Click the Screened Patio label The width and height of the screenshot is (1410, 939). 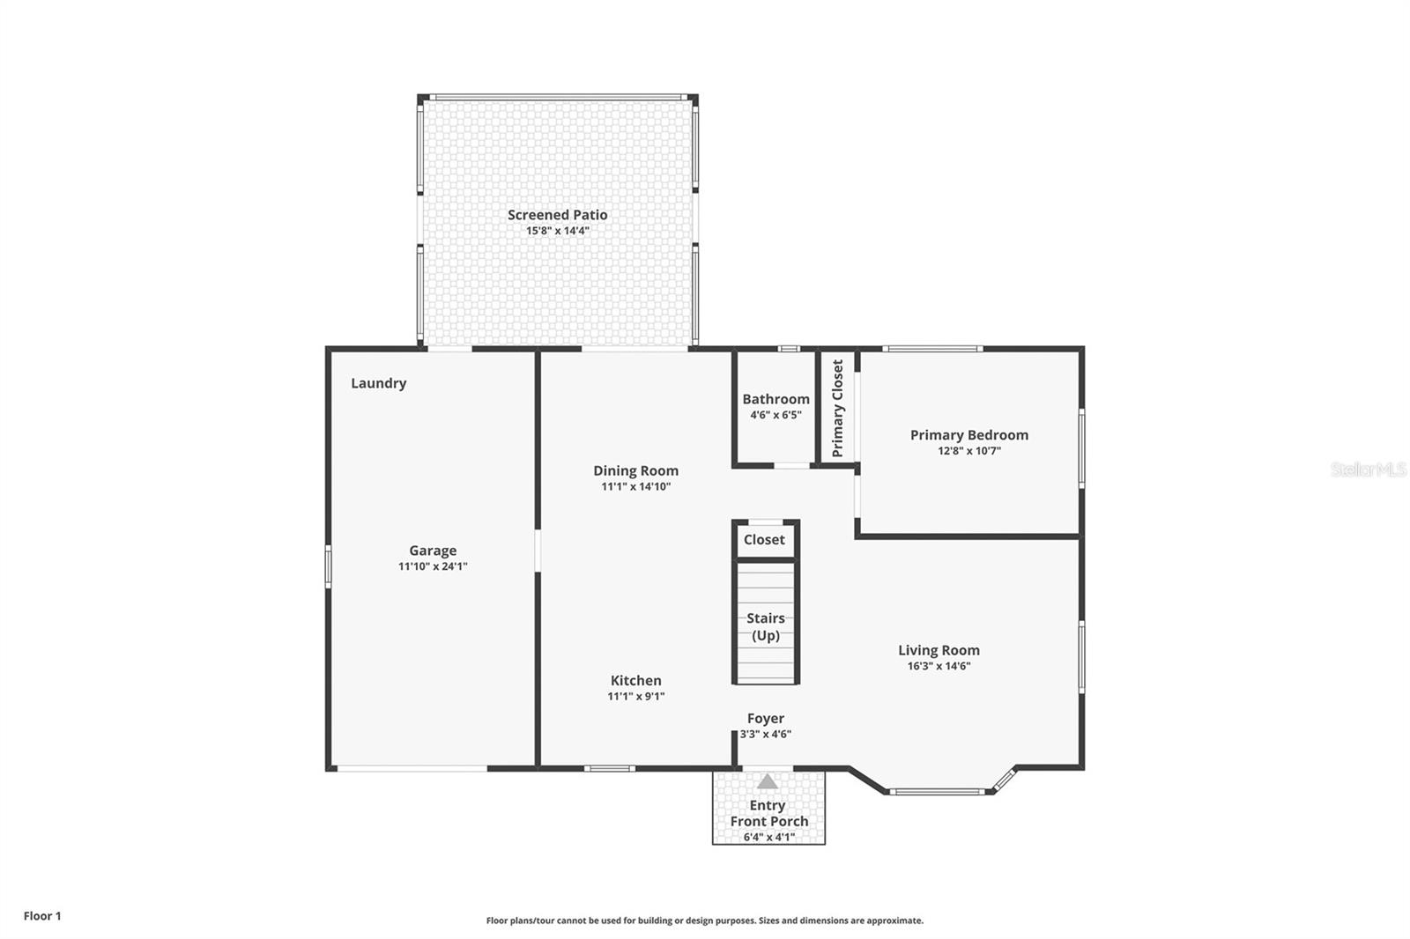click(557, 215)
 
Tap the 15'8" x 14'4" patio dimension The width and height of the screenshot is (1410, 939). click(557, 231)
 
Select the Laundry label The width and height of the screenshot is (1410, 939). click(378, 383)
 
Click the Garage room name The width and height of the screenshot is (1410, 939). click(432, 551)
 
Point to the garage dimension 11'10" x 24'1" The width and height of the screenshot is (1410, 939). click(432, 566)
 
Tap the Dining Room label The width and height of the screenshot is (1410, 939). click(635, 470)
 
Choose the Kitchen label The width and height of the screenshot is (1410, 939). click(635, 680)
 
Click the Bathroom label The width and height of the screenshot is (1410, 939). click(775, 399)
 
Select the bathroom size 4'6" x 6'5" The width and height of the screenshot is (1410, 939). click(775, 415)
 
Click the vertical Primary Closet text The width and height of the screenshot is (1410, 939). click(838, 408)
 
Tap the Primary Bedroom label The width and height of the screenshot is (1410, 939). click(968, 435)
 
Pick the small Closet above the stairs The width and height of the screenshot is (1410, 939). click(764, 540)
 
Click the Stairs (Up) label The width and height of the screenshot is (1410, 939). click(765, 626)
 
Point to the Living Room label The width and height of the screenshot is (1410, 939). click(939, 650)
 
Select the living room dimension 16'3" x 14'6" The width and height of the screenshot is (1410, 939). click(939, 666)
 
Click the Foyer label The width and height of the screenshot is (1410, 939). click(765, 719)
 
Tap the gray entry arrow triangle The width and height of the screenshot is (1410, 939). click(768, 781)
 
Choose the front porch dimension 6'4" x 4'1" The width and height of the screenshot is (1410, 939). click(768, 837)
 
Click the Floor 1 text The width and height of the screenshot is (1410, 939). click(42, 916)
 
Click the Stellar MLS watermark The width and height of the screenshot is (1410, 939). click(1368, 469)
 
